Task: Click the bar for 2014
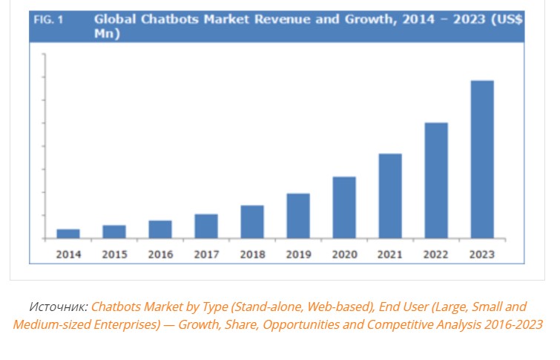tap(68, 234)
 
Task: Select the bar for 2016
tap(160, 229)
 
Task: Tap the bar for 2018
tap(252, 222)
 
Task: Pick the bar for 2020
tap(344, 208)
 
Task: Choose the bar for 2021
tap(390, 196)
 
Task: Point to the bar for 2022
tap(436, 180)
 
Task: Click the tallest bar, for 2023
tap(482, 160)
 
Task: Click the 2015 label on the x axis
tap(114, 254)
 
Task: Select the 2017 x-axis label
tap(206, 254)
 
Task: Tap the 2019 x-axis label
tap(298, 254)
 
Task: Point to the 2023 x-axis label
tap(482, 254)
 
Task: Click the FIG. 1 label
tap(48, 20)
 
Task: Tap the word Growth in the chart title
tap(352, 20)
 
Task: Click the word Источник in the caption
tap(59, 306)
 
